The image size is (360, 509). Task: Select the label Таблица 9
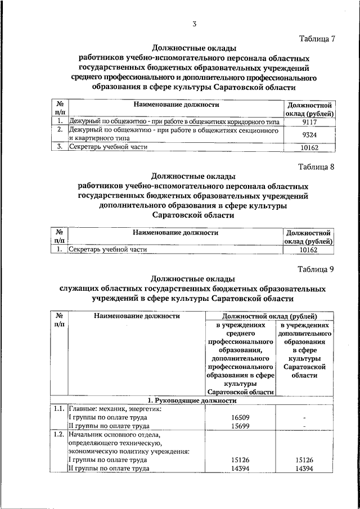(317, 269)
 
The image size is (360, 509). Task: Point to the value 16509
(240, 418)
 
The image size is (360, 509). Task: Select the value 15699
(240, 426)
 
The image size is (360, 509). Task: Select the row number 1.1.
(59, 409)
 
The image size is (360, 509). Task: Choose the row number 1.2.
(59, 435)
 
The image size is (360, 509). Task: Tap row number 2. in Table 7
(60, 130)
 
